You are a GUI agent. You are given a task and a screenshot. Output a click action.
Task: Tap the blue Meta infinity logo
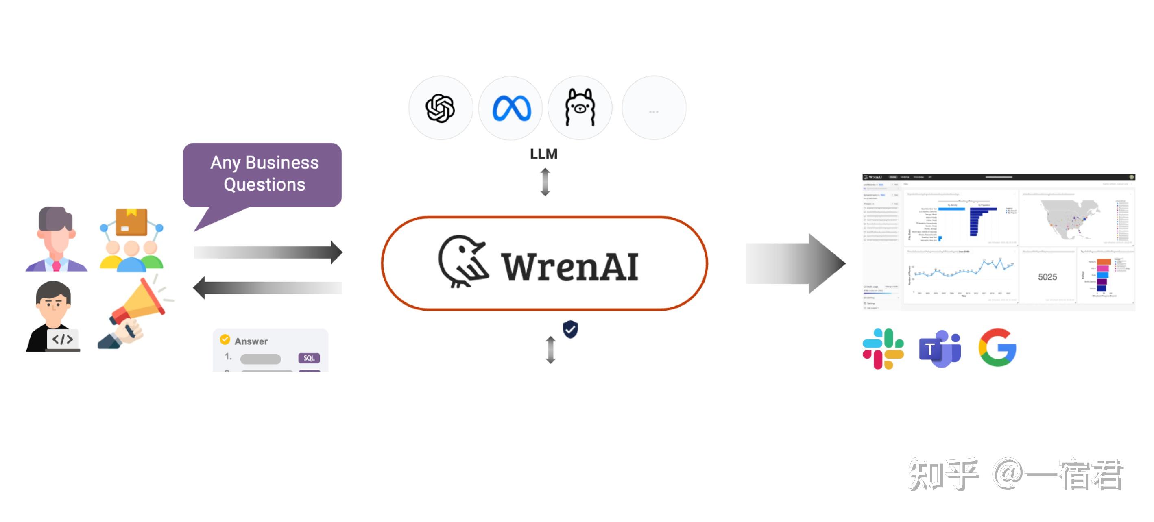point(511,108)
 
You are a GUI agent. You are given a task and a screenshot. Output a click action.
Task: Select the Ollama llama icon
point(580,108)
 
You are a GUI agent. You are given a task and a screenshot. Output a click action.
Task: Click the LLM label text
point(543,154)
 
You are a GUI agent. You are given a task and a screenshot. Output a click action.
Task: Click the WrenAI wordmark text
point(569,267)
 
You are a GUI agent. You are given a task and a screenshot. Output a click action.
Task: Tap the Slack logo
point(883,349)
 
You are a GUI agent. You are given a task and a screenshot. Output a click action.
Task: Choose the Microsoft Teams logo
point(940,349)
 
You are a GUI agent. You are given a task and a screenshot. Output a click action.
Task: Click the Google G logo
point(997,348)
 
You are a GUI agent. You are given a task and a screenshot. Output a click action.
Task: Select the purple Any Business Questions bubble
point(262,174)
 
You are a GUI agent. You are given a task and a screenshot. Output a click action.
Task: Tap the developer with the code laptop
point(53,317)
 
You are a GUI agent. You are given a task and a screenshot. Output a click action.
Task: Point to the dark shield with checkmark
point(570,329)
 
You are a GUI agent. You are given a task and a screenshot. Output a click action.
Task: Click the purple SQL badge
point(309,358)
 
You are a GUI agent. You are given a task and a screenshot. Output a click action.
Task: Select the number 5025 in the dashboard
point(1047,277)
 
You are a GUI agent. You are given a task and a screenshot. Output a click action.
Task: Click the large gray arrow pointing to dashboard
point(795,264)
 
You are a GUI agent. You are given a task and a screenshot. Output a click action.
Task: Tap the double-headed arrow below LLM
point(545,182)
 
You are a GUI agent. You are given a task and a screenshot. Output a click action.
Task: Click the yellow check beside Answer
point(225,340)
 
